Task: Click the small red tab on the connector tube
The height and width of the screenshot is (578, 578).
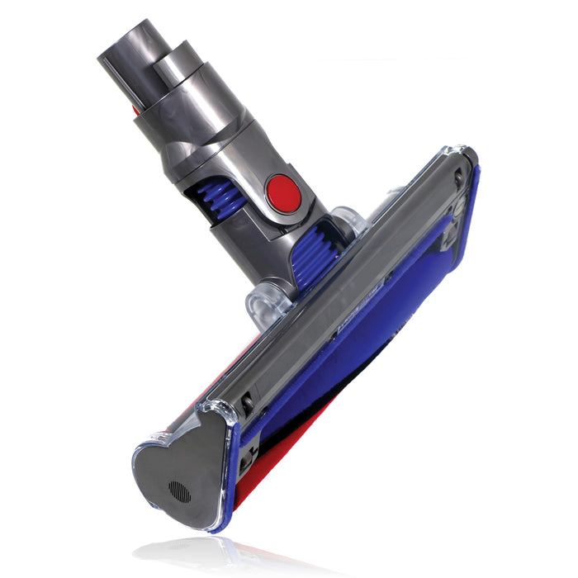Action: click(x=135, y=108)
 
